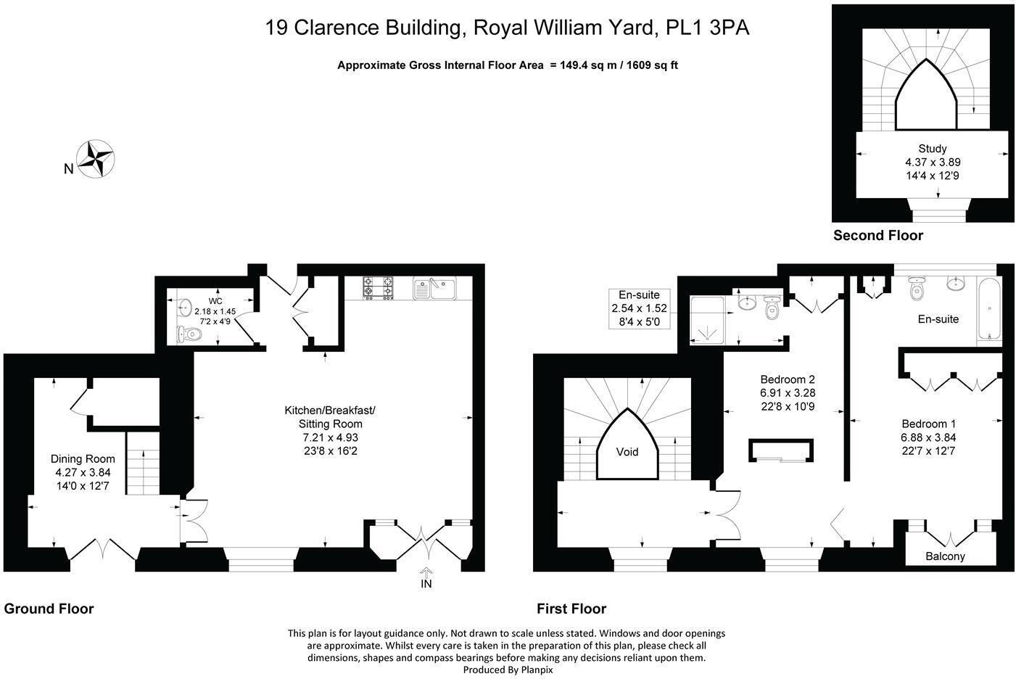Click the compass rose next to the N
coord(97,158)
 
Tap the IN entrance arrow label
coord(426,583)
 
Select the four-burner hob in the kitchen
coord(378,288)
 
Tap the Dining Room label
coord(83,458)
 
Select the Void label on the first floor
coord(627,452)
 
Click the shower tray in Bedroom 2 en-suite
coord(706,318)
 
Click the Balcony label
coord(945,556)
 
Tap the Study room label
coord(932,149)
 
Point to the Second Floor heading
coord(877,235)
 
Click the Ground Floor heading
coord(49,609)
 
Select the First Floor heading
coord(571,609)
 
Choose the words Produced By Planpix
coord(508,670)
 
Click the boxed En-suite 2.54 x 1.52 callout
coord(639,308)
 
